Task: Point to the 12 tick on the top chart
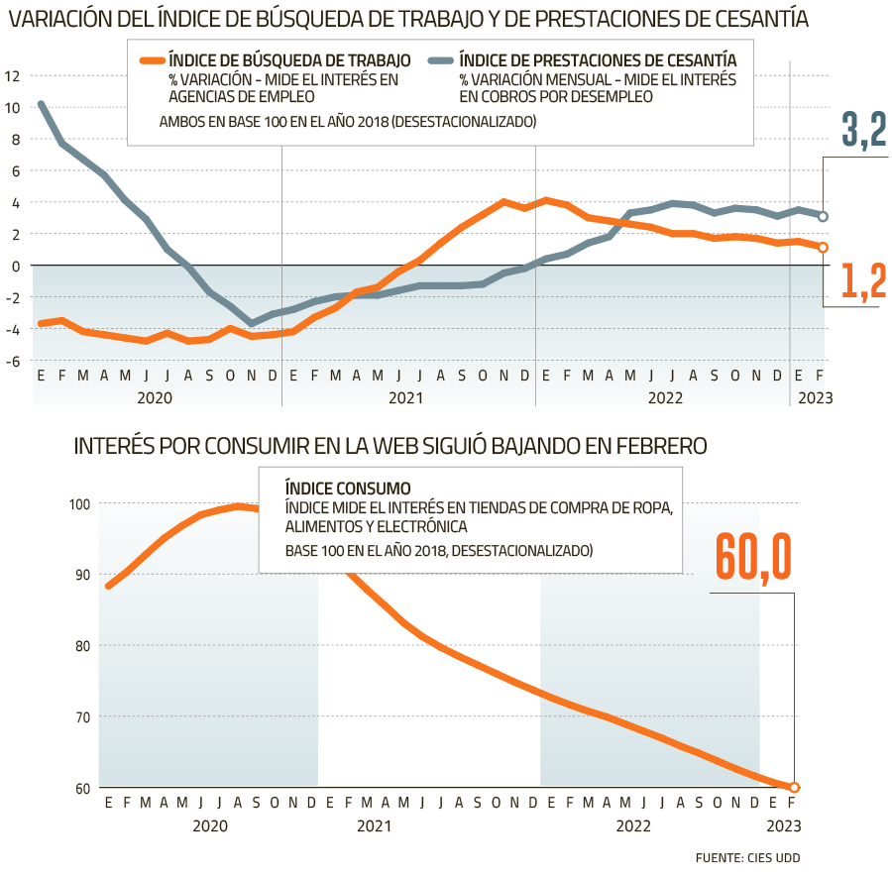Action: click(x=12, y=76)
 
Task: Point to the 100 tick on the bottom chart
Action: click(x=81, y=504)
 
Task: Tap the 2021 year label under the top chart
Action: click(x=407, y=397)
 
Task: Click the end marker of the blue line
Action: click(x=824, y=217)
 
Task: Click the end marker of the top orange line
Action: click(x=824, y=248)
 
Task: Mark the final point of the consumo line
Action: click(x=794, y=788)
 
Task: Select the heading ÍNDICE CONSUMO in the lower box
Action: click(x=347, y=489)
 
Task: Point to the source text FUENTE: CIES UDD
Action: click(x=747, y=857)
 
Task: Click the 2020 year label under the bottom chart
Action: click(x=210, y=825)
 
